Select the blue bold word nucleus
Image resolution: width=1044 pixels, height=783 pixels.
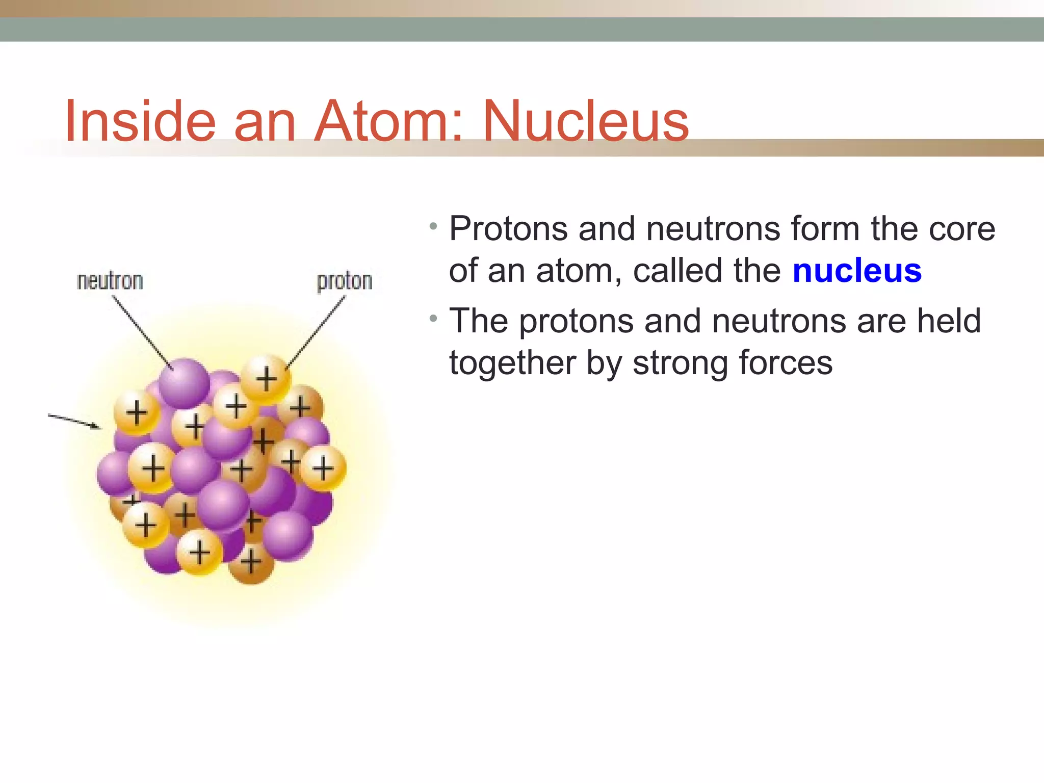(x=857, y=271)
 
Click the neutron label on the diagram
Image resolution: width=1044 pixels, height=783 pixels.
(x=110, y=281)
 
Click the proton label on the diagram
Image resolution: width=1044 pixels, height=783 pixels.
(x=345, y=281)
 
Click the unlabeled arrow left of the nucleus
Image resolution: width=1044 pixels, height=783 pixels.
(x=74, y=421)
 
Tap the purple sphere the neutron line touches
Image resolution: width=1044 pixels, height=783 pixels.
(x=184, y=383)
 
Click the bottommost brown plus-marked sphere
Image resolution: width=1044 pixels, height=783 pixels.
(x=251, y=563)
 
